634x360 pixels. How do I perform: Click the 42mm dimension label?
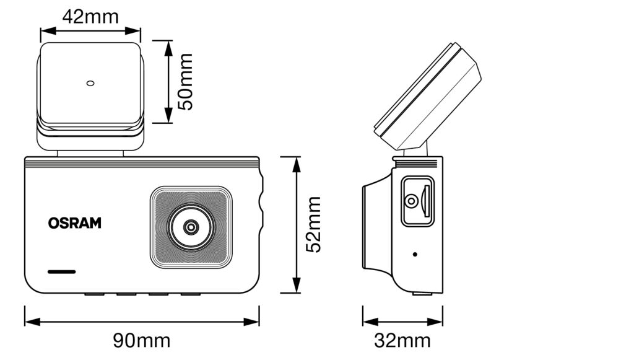(90, 16)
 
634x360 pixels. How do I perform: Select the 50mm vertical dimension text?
(185, 82)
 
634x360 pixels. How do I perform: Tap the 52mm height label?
(314, 224)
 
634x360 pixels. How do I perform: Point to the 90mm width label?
(141, 340)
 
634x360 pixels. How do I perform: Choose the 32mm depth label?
(402, 340)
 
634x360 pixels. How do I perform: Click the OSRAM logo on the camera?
(74, 223)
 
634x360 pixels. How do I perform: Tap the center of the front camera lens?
(191, 227)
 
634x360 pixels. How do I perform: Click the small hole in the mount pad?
(90, 82)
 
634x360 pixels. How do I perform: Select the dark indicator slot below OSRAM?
(61, 271)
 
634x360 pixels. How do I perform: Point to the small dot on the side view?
(414, 254)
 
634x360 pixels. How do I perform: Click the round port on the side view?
(410, 201)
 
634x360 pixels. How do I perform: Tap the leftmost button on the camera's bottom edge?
(94, 292)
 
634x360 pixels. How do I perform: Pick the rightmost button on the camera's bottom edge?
(190, 292)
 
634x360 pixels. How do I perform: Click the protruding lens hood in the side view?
(375, 226)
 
